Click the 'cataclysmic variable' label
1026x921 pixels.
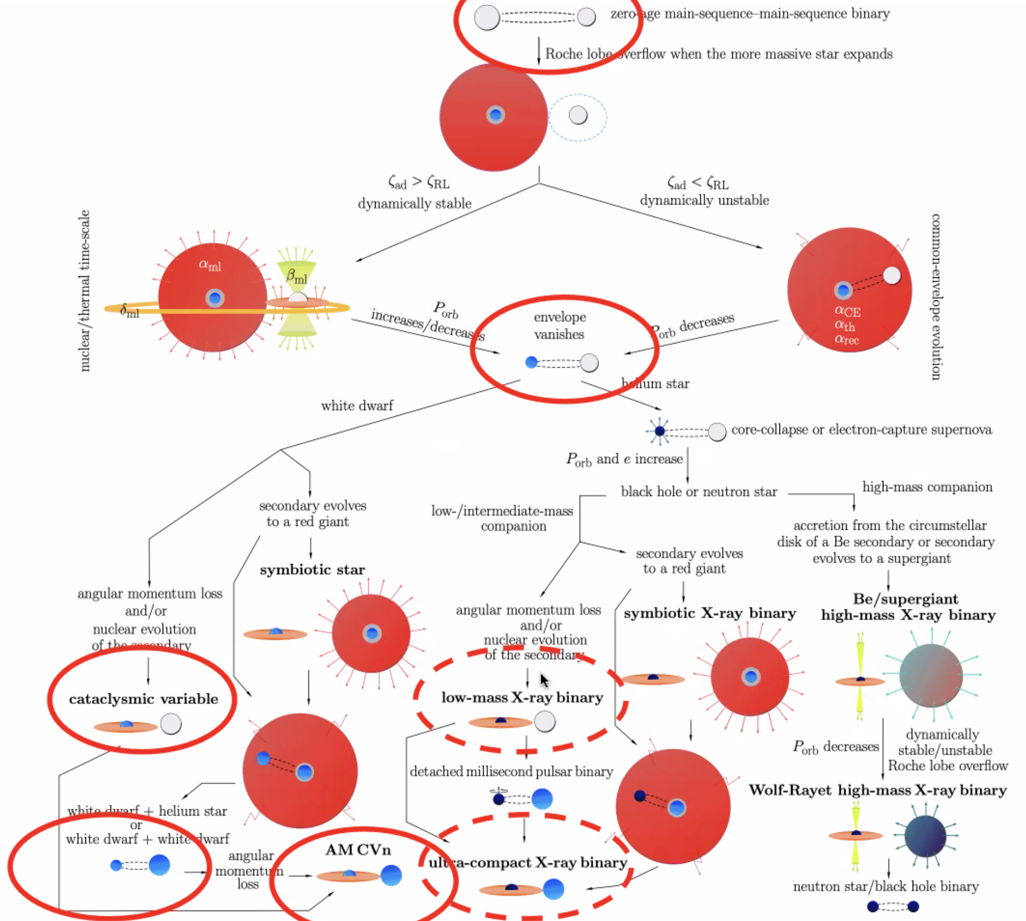click(x=143, y=699)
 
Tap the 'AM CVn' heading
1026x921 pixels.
click(x=358, y=850)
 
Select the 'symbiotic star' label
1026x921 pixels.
click(x=312, y=570)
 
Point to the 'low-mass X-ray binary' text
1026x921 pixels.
click(x=522, y=698)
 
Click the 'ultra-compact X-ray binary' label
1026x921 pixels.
click(x=528, y=863)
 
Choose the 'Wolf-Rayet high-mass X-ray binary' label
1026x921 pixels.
click(x=877, y=790)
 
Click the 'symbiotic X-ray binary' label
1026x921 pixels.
click(x=709, y=613)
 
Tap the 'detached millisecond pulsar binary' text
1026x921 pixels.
click(x=511, y=772)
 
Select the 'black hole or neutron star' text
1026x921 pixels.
click(x=699, y=492)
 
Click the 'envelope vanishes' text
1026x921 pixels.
click(x=560, y=326)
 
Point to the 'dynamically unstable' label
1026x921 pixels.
click(x=704, y=200)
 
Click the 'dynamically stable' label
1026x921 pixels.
click(x=414, y=204)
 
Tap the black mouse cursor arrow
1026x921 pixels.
click(x=544, y=681)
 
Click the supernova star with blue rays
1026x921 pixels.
click(x=659, y=431)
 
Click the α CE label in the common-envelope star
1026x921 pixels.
click(x=847, y=311)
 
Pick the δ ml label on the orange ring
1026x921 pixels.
click(x=130, y=311)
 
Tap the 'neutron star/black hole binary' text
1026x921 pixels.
click(x=885, y=886)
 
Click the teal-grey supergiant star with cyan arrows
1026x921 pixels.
click(x=931, y=676)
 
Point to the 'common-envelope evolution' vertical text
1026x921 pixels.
click(x=935, y=296)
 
